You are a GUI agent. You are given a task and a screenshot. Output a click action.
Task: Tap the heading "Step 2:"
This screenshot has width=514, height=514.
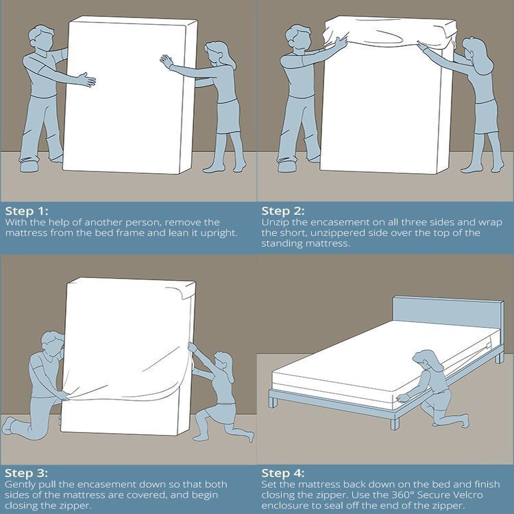pyautogui.click(x=283, y=211)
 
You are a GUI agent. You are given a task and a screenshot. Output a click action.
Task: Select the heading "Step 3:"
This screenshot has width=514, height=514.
pyautogui.click(x=27, y=473)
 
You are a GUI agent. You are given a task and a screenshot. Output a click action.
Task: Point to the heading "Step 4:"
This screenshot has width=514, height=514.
pyautogui.click(x=283, y=473)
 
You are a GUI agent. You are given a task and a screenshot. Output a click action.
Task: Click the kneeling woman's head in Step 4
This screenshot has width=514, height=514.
pyautogui.click(x=430, y=361)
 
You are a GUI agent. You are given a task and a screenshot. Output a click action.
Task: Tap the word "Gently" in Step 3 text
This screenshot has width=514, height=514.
pyautogui.click(x=19, y=485)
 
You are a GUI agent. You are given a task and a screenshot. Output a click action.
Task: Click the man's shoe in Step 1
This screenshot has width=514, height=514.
pyautogui.click(x=30, y=166)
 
